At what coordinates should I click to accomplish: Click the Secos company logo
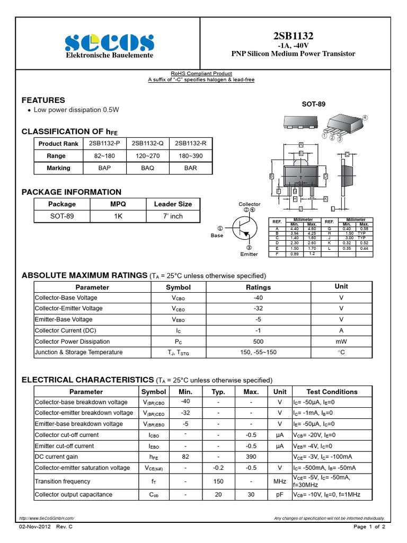pos(109,42)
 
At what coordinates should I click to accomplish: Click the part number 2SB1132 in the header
pos(293,36)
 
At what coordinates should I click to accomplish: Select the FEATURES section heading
pos(43,100)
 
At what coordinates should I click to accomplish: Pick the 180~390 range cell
pos(190,156)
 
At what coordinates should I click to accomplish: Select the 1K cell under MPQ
pos(118,216)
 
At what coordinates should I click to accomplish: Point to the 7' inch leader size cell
pos(173,216)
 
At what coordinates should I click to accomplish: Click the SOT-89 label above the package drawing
pos(313,104)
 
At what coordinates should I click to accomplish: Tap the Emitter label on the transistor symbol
pos(249,254)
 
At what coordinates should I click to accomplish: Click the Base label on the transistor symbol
pos(217,235)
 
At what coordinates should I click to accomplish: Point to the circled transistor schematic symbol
pos(244,229)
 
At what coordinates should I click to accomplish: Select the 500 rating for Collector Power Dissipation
pos(258,341)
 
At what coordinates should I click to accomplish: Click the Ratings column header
pos(258,287)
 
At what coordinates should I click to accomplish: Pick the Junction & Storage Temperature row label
pos(78,352)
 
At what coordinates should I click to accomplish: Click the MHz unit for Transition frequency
pos(280,481)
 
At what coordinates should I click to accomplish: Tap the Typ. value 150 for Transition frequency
pos(218,481)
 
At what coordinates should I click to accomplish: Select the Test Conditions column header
pos(332,392)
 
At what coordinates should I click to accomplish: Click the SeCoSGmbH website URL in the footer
pos(47,518)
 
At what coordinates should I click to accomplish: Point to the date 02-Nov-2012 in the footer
pos(34,527)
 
